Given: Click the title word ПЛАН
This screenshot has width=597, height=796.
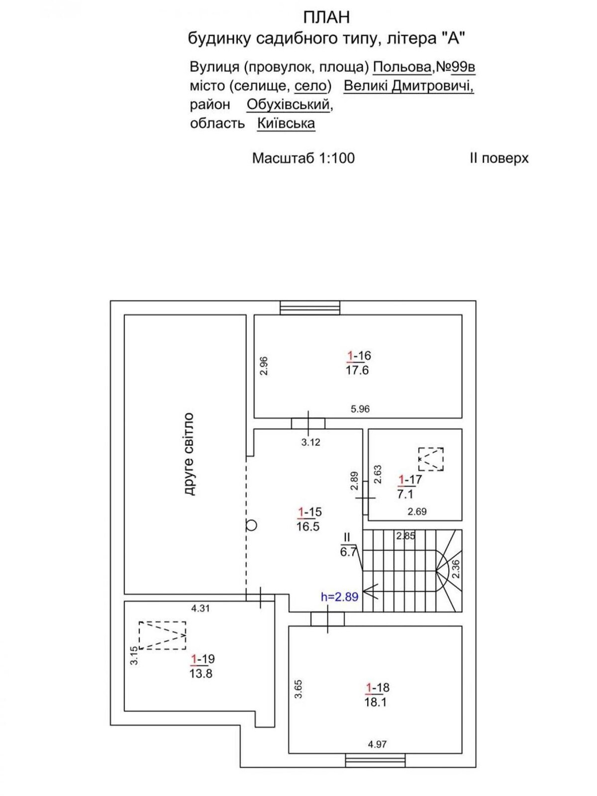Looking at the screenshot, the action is pyautogui.click(x=326, y=17).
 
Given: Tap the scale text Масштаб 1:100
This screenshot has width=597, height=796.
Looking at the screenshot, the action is pyautogui.click(x=303, y=158).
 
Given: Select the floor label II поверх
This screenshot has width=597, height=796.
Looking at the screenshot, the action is pyautogui.click(x=499, y=159).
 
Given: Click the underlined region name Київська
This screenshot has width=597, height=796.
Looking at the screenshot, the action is pyautogui.click(x=286, y=124).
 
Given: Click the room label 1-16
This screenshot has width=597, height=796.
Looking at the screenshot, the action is pyautogui.click(x=359, y=356).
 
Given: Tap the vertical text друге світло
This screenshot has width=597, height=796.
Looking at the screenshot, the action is pyautogui.click(x=189, y=454).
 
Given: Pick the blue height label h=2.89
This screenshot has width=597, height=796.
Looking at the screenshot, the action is pyautogui.click(x=340, y=597).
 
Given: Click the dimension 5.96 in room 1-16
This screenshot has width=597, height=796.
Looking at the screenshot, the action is pyautogui.click(x=360, y=409).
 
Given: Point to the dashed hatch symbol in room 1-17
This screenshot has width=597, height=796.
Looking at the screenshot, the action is pyautogui.click(x=431, y=459).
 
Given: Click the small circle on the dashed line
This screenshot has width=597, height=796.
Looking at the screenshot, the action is pyautogui.click(x=251, y=525).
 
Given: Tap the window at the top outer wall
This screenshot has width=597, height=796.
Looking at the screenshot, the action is pyautogui.click(x=310, y=307).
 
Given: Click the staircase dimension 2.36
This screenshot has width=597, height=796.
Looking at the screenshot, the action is pyautogui.click(x=456, y=569).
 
